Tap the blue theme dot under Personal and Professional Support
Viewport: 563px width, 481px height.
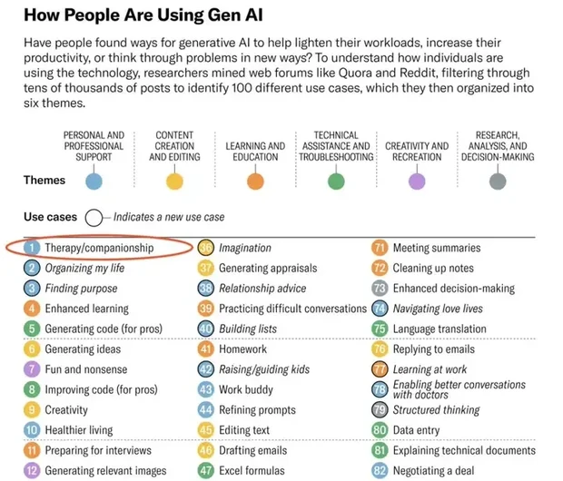pos(94,181)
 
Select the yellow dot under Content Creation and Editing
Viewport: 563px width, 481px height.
pos(174,181)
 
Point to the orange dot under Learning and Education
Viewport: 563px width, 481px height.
pos(255,181)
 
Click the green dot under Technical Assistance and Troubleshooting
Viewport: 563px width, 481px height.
pos(336,181)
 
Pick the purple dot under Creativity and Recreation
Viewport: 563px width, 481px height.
pos(417,181)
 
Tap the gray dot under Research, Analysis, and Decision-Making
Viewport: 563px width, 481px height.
pos(497,181)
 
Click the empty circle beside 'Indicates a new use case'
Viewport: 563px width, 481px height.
pos(94,218)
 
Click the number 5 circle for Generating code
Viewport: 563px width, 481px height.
pos(32,329)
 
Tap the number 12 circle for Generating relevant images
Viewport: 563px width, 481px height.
pos(32,471)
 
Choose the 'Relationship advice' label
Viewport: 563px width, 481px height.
pos(262,289)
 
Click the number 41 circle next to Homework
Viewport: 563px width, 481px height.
pos(205,348)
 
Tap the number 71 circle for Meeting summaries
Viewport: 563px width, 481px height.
pos(380,248)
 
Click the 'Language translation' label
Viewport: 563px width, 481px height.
pos(440,329)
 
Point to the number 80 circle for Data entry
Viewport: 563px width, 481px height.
pos(380,430)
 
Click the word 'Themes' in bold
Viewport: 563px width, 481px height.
pos(44,180)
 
